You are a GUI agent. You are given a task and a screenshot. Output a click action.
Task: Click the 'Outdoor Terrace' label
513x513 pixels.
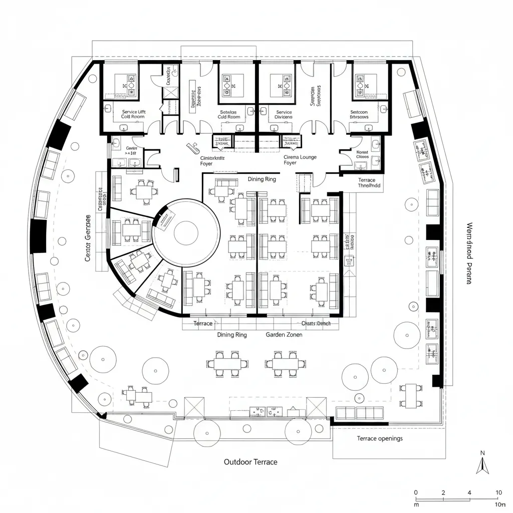point(250,461)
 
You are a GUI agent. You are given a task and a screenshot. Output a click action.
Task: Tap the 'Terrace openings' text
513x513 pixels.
point(379,438)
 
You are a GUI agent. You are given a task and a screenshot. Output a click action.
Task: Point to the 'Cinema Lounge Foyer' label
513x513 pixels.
point(301,160)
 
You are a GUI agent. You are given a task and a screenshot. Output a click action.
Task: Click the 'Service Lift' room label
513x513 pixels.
point(133,113)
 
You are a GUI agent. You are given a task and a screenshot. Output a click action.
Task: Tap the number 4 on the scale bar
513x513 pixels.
point(469,492)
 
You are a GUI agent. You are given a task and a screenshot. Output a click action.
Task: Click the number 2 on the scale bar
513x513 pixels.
point(443,492)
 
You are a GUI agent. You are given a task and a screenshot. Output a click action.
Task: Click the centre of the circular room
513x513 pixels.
point(186,232)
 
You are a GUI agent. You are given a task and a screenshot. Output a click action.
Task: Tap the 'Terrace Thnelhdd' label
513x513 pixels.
point(370,182)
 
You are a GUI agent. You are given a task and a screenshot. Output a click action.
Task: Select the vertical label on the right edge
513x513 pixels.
point(469,253)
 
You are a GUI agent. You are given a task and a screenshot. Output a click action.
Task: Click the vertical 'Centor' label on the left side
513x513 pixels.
point(88,237)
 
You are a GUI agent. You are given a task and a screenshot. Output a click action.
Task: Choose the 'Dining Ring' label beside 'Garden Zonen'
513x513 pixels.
point(232,335)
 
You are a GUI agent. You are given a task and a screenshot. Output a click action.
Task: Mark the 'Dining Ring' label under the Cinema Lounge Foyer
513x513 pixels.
point(262,179)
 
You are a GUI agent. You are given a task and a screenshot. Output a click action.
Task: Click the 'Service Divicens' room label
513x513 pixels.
point(284,115)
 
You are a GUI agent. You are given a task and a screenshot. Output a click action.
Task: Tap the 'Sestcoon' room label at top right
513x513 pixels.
point(359,113)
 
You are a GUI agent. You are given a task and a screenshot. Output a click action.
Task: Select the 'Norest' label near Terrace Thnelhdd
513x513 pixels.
point(362,152)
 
